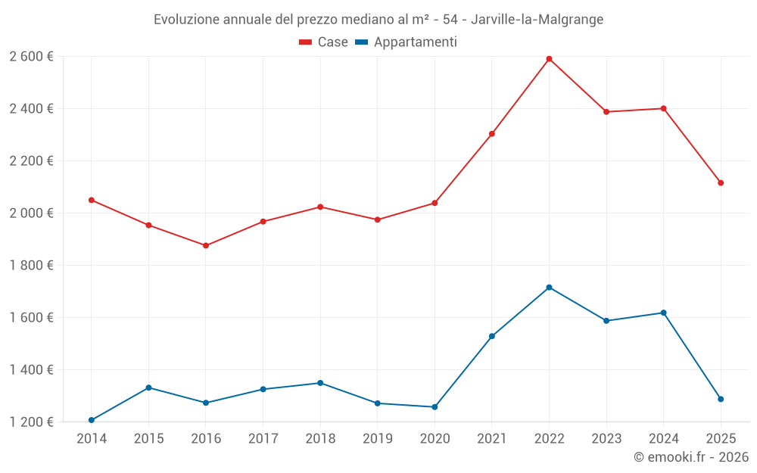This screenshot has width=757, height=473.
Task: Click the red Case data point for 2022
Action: coord(549,59)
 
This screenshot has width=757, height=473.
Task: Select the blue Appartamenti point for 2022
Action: coord(549,288)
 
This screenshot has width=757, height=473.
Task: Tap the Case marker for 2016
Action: coord(206,246)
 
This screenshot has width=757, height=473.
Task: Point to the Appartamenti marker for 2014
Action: coord(92,420)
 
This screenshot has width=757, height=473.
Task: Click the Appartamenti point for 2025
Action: coord(721,399)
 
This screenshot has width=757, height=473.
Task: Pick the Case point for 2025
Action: coord(721,183)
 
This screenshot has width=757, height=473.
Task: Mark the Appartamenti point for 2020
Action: coord(435,407)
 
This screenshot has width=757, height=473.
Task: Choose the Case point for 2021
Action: coord(492,134)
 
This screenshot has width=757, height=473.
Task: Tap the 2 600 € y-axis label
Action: coord(31,57)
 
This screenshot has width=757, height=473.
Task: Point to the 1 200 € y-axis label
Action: coord(31,422)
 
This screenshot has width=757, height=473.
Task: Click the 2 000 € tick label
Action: coord(31,213)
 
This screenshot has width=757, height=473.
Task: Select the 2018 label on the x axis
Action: coord(320,439)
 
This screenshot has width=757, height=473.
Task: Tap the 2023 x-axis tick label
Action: coord(606,439)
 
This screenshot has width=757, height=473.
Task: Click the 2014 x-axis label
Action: coord(92,439)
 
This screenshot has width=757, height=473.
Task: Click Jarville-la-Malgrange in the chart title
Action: coord(537,20)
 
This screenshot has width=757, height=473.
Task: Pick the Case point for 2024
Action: coord(664,108)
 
